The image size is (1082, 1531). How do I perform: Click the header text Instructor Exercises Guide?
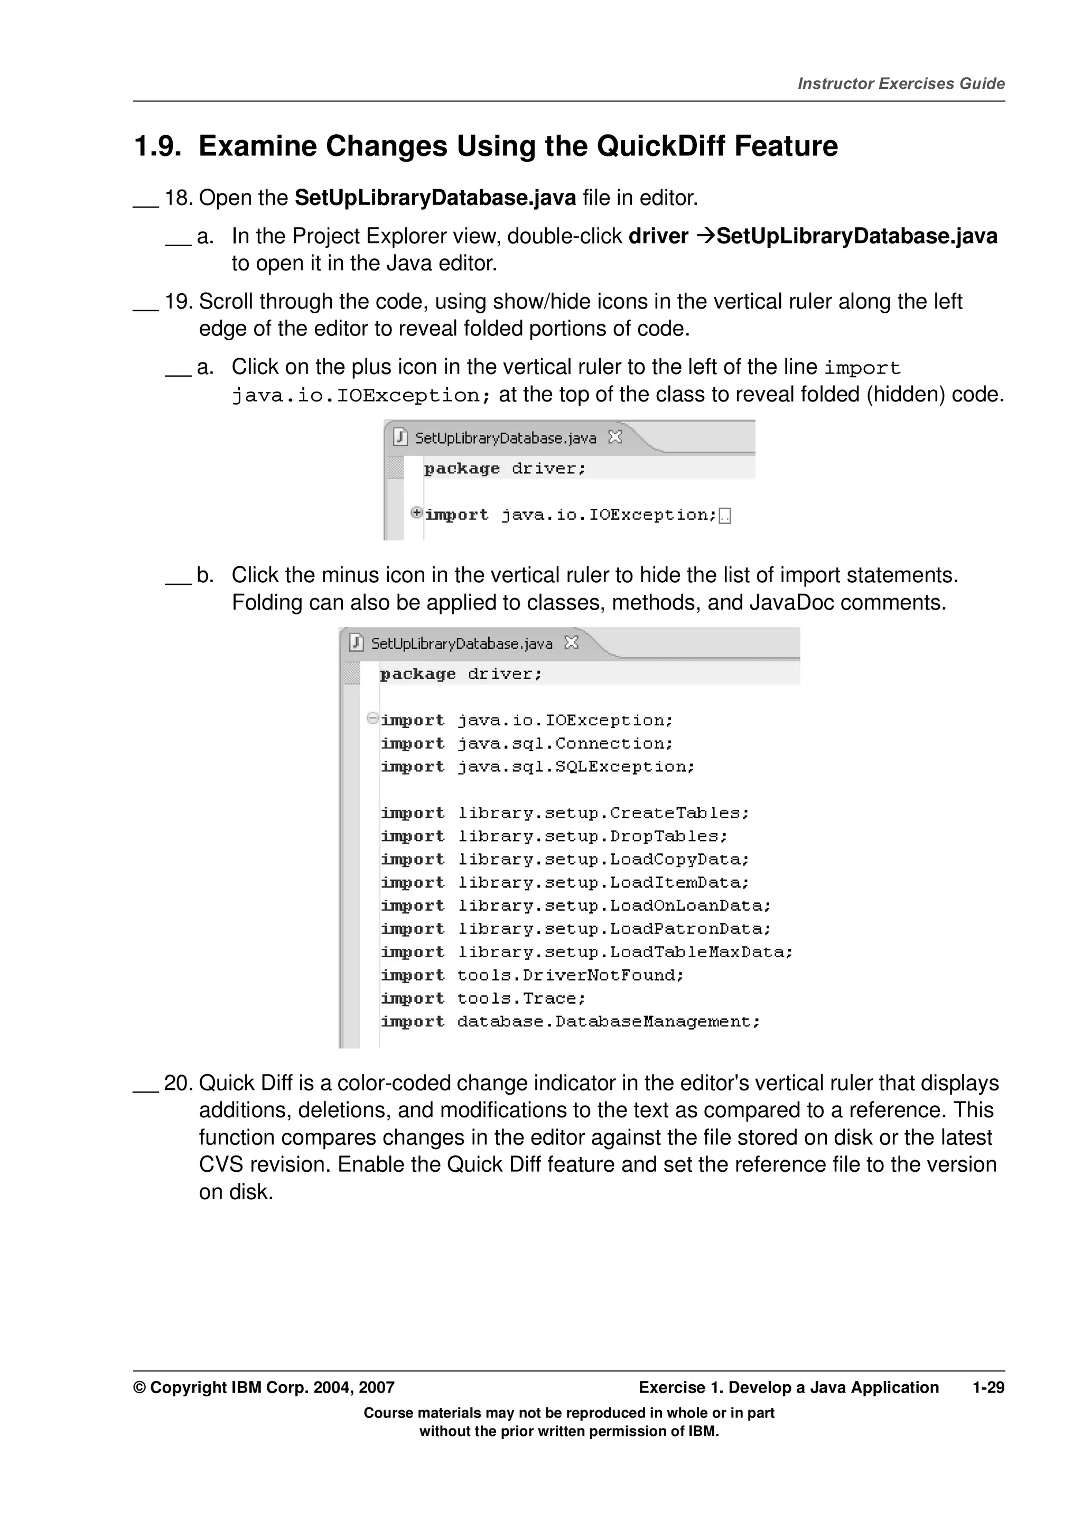(901, 83)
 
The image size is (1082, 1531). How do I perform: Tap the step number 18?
(178, 198)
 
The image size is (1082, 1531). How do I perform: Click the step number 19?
(178, 302)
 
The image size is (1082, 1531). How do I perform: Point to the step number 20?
(178, 1083)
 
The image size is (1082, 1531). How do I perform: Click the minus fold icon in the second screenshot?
(372, 718)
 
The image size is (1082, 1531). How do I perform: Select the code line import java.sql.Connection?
(527, 743)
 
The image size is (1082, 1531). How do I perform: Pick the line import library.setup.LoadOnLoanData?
(575, 905)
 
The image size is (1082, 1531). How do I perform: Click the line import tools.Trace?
(483, 998)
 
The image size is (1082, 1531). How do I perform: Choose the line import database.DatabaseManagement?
(570, 1022)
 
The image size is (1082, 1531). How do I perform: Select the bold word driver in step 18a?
(658, 236)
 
